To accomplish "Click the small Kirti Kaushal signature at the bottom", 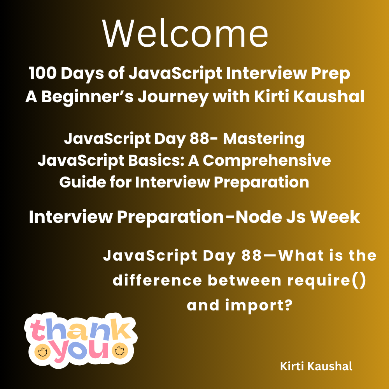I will click(316, 366).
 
